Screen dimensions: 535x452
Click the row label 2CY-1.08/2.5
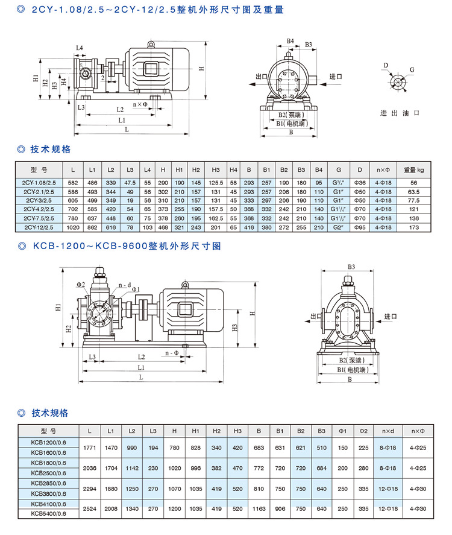coord(40,182)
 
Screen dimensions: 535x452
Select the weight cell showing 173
coord(413,227)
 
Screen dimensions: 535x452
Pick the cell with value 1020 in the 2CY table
coord(72,227)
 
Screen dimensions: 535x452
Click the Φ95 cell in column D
coord(359,227)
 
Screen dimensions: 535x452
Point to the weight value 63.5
coord(413,191)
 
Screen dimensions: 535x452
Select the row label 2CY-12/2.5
coord(40,227)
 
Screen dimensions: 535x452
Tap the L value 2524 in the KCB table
coord(90,508)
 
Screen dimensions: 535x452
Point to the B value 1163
coord(259,508)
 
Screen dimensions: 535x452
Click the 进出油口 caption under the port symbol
coord(399,113)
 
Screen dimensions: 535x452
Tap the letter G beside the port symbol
coord(412,70)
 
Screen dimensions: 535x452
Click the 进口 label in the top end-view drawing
coord(336,77)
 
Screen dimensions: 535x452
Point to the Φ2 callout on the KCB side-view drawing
coord(81,283)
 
